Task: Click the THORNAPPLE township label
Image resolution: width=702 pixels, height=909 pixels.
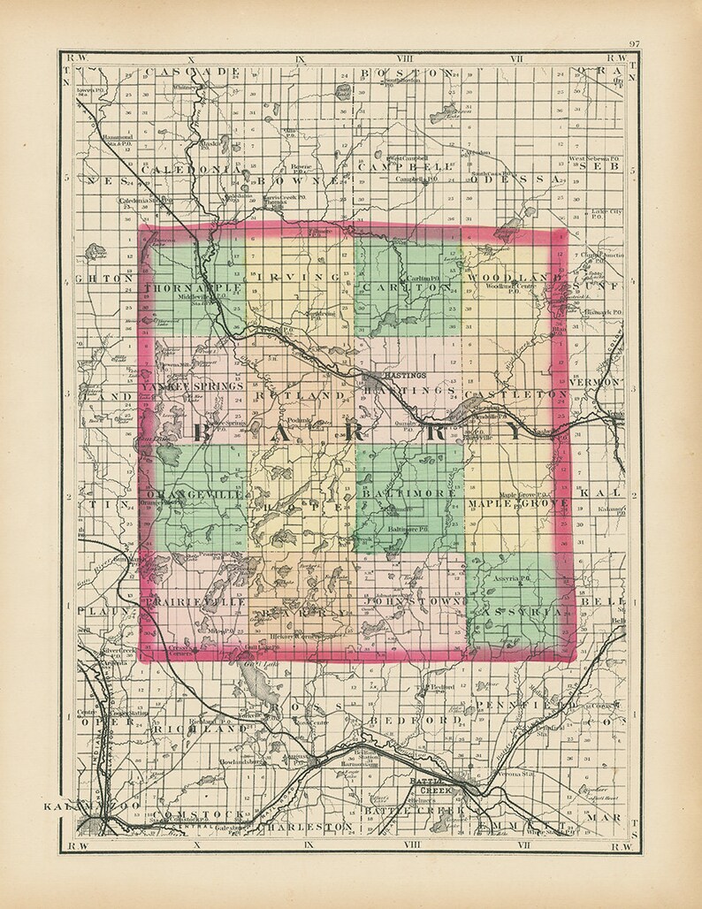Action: coord(191,287)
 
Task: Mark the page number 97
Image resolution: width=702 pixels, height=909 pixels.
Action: coord(634,44)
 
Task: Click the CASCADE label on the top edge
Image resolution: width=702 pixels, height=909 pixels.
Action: coord(192,71)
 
